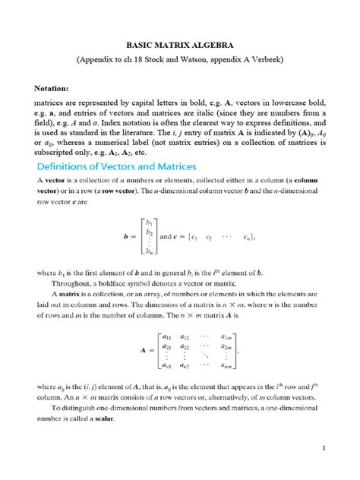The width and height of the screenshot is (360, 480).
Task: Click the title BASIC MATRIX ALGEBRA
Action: point(179,44)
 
